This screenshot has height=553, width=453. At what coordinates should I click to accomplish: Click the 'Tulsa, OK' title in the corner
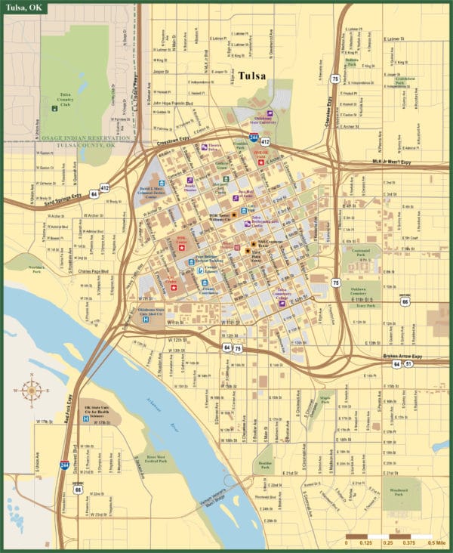coord(23,8)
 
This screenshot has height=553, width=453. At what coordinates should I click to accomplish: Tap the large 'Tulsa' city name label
coord(252,76)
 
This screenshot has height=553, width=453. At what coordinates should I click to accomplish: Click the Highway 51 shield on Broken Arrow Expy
coord(408,363)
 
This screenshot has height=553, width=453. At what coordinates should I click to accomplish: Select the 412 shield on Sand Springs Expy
coord(104,187)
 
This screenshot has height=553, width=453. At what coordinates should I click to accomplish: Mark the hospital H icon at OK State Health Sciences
coord(86,418)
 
